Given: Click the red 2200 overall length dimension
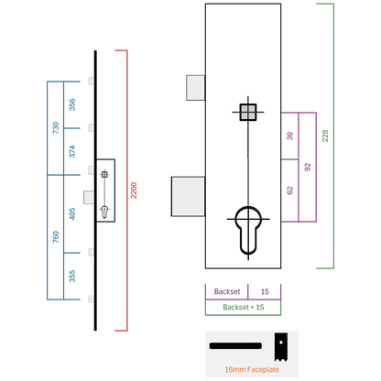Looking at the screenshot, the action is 134,190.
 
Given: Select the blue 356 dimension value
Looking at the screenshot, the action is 72,104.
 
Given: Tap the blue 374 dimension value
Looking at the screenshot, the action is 72,151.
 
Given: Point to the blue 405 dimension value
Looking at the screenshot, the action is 72,213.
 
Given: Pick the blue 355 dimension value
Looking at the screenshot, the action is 72,276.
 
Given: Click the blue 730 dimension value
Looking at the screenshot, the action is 56,128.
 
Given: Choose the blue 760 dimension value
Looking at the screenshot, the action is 56,237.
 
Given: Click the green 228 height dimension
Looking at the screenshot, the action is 325,136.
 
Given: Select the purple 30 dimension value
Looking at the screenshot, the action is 289,136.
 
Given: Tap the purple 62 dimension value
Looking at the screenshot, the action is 289,190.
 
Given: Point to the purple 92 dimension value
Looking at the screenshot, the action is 308,167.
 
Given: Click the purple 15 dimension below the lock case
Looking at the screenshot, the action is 265,291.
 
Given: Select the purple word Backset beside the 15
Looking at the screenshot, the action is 227,291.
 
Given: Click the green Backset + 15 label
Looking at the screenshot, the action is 244,307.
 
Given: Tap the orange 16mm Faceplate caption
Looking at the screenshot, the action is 252,369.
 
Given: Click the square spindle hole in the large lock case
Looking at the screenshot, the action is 248,112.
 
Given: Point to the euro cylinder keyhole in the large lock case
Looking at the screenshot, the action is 248,230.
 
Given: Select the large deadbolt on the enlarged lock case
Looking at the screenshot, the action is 188,196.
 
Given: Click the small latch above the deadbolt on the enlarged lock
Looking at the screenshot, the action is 195,88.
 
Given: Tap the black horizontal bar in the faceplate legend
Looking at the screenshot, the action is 235,346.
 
